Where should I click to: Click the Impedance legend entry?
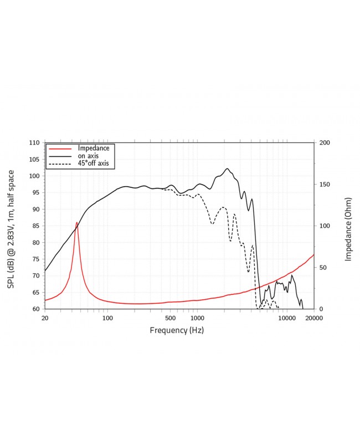(x=94, y=149)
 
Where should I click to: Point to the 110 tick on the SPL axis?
(x=34, y=143)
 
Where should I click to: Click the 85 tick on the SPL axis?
(x=36, y=226)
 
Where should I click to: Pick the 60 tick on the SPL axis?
(x=36, y=309)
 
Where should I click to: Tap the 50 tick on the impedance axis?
(x=322, y=268)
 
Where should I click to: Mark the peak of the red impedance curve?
(x=77, y=222)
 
